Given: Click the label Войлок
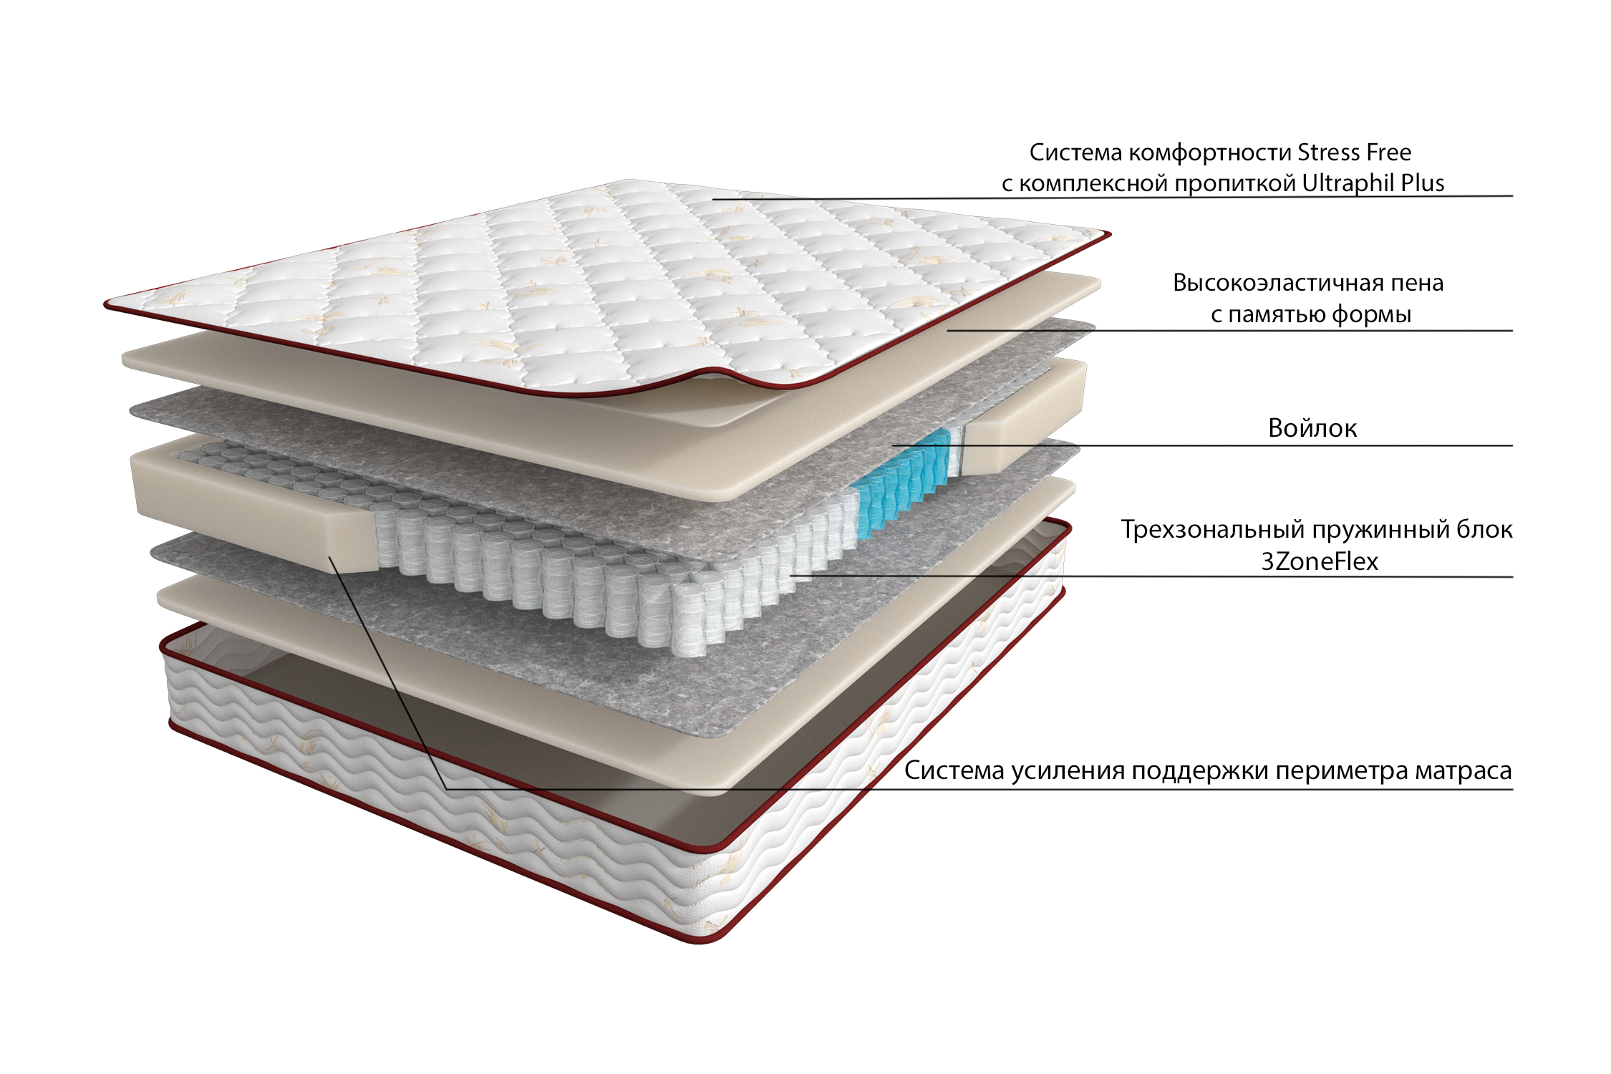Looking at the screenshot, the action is tap(1312, 428).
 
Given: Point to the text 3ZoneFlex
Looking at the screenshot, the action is tap(1320, 561).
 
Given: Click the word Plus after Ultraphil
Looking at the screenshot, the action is tap(1423, 183).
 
